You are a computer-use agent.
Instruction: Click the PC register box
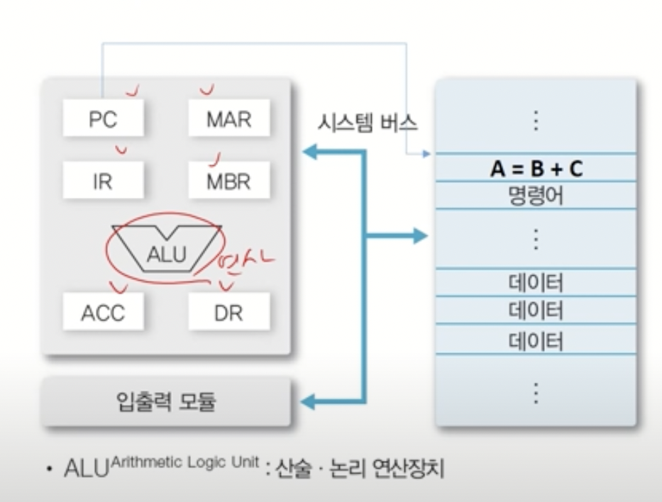pyautogui.click(x=103, y=118)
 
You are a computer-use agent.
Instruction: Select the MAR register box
pyautogui.click(x=228, y=118)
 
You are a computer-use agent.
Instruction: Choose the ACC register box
pyautogui.click(x=103, y=312)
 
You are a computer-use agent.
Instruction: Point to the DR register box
pyautogui.click(x=228, y=312)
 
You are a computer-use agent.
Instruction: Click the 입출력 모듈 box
pyautogui.click(x=166, y=402)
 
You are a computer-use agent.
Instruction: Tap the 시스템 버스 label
pyautogui.click(x=367, y=123)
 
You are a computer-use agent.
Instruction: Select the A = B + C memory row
pyautogui.click(x=536, y=169)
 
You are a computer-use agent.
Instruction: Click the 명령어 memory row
pyautogui.click(x=536, y=195)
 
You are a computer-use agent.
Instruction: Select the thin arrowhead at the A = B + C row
pyautogui.click(x=426, y=154)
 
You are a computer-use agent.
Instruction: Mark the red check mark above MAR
pyautogui.click(x=207, y=90)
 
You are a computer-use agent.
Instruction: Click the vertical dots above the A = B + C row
pyautogui.click(x=536, y=121)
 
